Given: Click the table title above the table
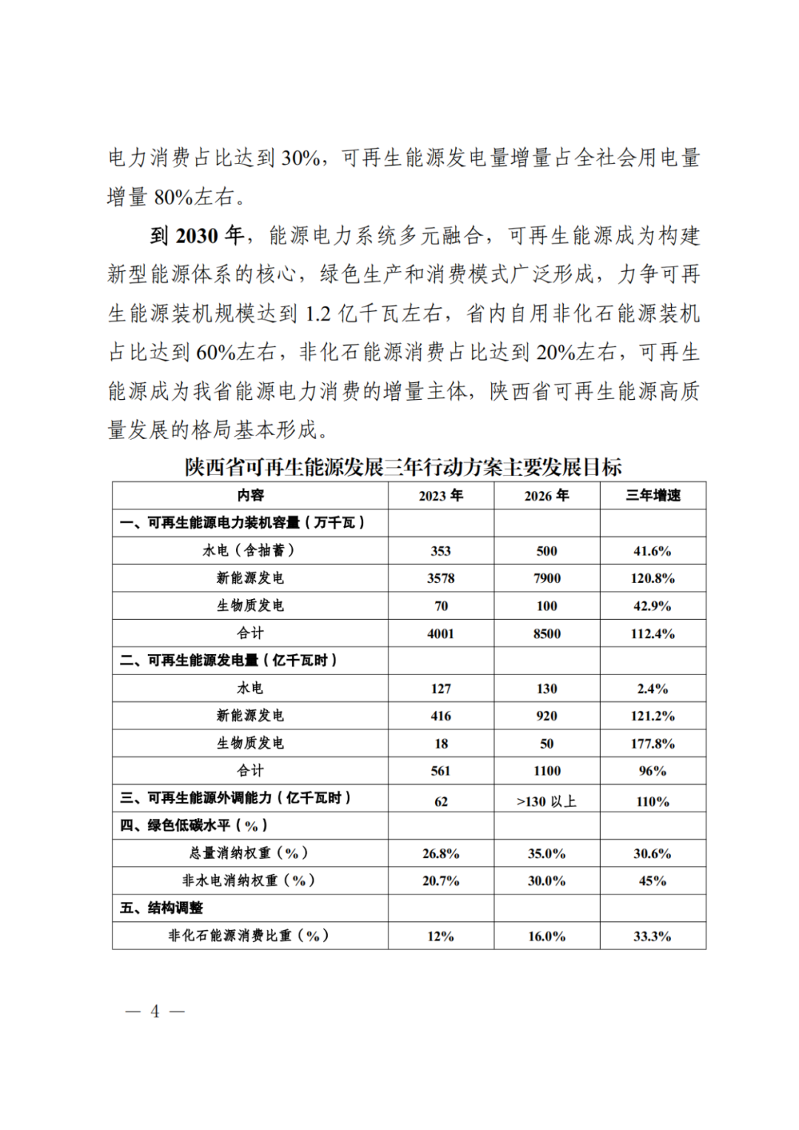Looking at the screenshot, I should click(x=403, y=467).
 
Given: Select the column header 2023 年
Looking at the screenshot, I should click(x=441, y=495).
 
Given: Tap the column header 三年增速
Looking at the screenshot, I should click(x=653, y=495).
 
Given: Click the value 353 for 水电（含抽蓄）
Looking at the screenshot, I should click(x=441, y=551).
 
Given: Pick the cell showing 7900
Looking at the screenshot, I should click(x=547, y=578).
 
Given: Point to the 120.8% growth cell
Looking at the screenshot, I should click(x=653, y=578).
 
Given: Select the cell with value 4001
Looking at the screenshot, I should click(x=441, y=634).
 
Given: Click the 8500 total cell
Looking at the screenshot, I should click(x=547, y=634).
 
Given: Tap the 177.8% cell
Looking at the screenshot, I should click(x=653, y=743).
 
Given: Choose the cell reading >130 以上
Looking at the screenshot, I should click(x=547, y=801).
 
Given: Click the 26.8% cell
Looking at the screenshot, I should click(x=441, y=854).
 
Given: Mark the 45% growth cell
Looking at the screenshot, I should click(x=653, y=881).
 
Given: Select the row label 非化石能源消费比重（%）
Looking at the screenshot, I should click(x=249, y=936).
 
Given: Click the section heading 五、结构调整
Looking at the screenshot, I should click(x=161, y=908).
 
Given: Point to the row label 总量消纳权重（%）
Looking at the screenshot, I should click(x=249, y=853).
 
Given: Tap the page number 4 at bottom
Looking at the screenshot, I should click(x=155, y=1012).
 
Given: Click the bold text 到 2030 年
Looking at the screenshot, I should click(x=197, y=236).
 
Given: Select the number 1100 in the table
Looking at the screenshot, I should click(x=547, y=771).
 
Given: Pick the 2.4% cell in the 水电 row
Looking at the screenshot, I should click(x=653, y=689).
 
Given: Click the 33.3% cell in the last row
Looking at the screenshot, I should click(x=653, y=936).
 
